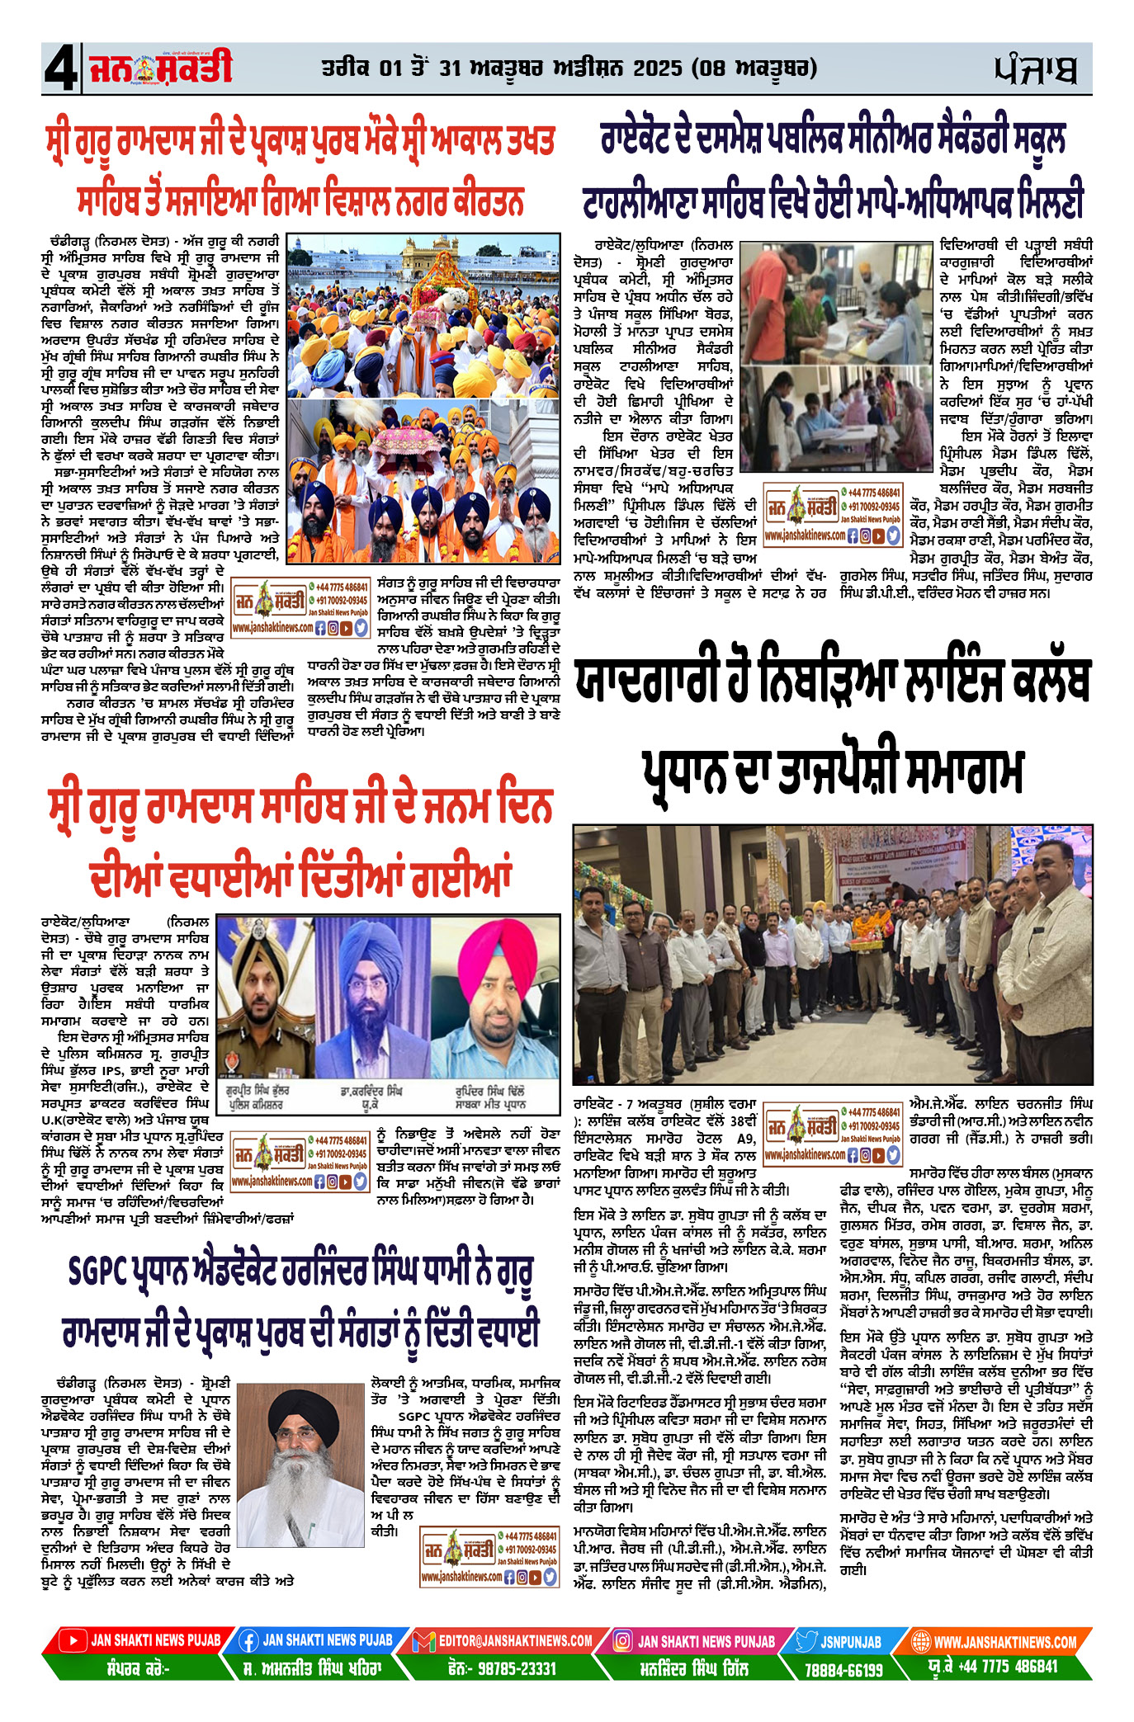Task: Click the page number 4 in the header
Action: [60, 69]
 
